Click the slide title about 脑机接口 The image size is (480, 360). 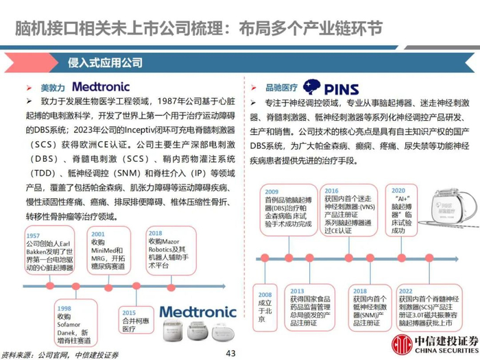[199, 28]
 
